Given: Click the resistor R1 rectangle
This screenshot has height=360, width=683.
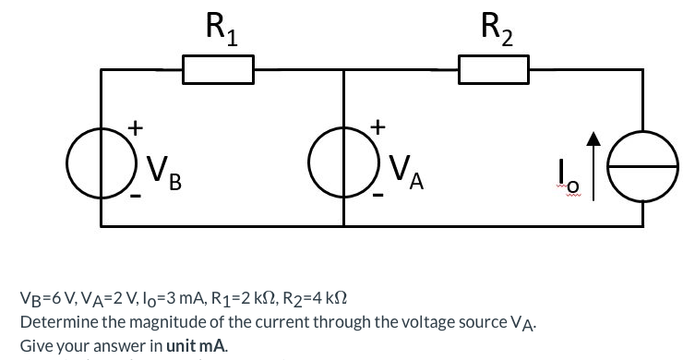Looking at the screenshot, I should [x=219, y=69].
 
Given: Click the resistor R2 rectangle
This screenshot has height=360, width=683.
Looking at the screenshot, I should [x=494, y=69].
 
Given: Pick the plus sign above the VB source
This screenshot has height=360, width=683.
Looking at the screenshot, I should [x=135, y=126].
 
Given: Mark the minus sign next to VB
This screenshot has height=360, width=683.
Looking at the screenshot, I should [x=135, y=198].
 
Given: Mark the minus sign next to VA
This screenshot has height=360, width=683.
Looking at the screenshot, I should [x=377, y=197].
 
